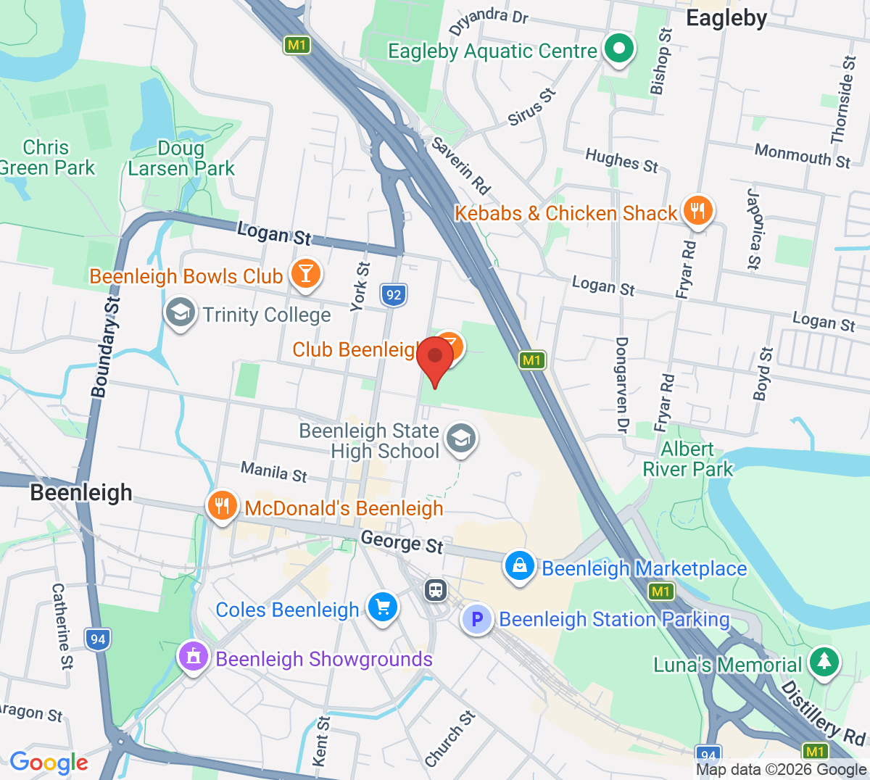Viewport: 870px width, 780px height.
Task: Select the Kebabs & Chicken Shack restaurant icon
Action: click(x=697, y=211)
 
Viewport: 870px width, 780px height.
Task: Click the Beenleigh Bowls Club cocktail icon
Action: click(x=305, y=274)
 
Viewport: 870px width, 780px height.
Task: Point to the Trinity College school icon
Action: click(x=179, y=312)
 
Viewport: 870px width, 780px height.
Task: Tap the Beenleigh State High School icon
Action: click(x=460, y=439)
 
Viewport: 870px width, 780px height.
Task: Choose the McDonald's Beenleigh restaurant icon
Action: click(x=222, y=506)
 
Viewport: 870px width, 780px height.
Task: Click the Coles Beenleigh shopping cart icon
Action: click(x=382, y=607)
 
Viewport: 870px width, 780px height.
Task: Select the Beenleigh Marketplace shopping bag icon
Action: click(x=520, y=566)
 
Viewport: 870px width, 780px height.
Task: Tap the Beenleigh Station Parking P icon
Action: click(x=477, y=619)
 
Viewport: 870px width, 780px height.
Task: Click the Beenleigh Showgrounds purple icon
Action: click(x=194, y=657)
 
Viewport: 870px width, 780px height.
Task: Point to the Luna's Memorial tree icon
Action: click(x=824, y=662)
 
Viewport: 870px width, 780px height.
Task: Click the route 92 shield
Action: click(x=392, y=294)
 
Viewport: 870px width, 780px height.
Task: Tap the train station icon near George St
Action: click(x=435, y=589)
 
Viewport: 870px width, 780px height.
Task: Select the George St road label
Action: click(x=402, y=542)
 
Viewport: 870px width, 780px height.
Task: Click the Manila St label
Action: click(x=274, y=472)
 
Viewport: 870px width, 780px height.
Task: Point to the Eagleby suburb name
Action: click(x=726, y=18)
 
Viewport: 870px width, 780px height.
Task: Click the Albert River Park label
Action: click(x=687, y=459)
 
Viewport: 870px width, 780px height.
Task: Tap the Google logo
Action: click(x=49, y=762)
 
